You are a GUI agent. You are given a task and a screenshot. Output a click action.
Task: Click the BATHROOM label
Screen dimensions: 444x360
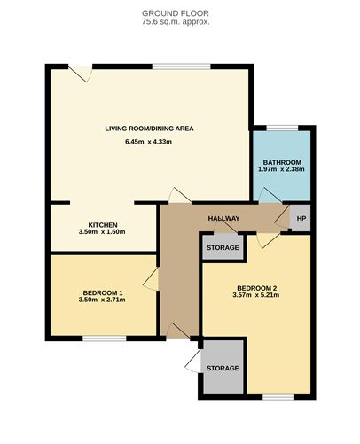[280, 162]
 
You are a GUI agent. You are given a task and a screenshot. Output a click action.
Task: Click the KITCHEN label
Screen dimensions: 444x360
[104, 225]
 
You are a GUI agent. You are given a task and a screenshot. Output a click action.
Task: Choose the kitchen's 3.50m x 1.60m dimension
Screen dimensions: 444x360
[104, 233]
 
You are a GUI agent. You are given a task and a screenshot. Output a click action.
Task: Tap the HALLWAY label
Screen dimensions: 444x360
[223, 219]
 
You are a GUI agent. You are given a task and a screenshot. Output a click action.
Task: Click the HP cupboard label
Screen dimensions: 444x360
[301, 219]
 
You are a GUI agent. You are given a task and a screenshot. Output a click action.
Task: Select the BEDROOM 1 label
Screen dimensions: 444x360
[103, 292]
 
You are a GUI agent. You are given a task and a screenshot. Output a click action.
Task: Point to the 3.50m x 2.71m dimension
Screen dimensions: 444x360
[103, 300]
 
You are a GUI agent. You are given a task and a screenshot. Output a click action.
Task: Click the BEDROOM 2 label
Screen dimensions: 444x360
[257, 287]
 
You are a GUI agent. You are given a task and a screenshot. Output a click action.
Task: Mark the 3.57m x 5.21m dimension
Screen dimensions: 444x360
[257, 295]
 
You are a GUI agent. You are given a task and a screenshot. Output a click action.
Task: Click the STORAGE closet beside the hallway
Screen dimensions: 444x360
[223, 247]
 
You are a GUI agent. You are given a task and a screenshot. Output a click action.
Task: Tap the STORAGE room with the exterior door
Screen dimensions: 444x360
[223, 368]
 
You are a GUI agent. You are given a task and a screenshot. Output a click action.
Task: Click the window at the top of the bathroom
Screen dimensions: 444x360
[283, 128]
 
